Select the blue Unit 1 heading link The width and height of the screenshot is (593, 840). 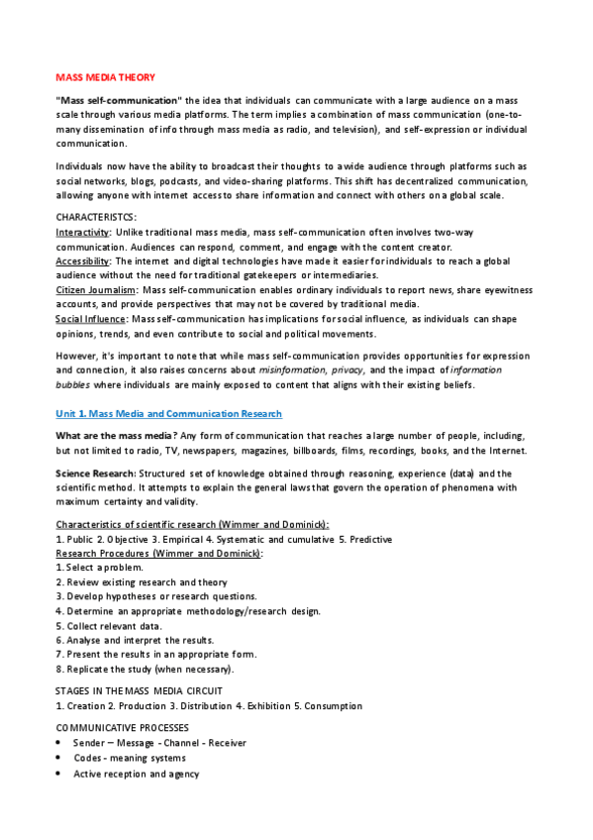[x=169, y=413]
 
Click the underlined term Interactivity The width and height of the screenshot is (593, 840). [x=83, y=231]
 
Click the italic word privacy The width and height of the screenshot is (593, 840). [x=348, y=369]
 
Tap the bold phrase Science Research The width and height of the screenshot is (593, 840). [x=95, y=473]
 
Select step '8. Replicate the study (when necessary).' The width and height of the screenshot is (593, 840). [x=145, y=670]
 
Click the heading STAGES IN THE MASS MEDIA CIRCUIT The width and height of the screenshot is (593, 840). [x=139, y=690]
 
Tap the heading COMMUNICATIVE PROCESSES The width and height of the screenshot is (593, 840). [x=121, y=727]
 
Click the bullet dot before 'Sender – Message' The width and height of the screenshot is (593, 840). [x=61, y=743]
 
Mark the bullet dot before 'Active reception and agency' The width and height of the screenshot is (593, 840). [x=61, y=774]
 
